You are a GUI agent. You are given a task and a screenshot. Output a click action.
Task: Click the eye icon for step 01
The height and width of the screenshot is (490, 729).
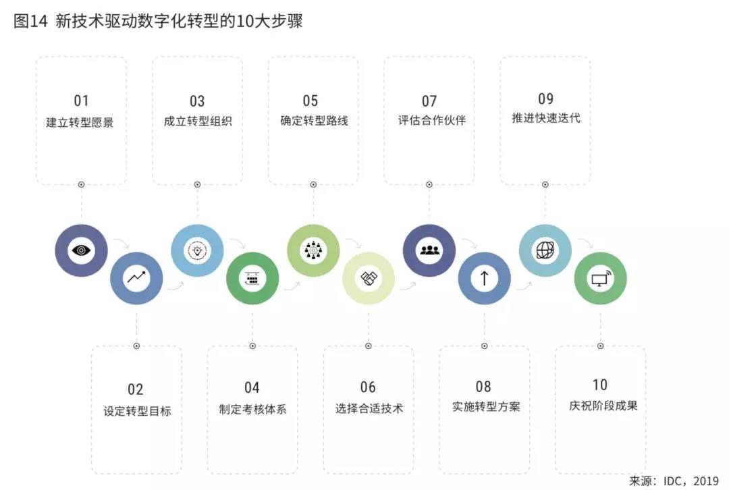pyautogui.click(x=81, y=250)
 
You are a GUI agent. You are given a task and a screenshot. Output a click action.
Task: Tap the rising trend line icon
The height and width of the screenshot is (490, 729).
pyautogui.click(x=136, y=277)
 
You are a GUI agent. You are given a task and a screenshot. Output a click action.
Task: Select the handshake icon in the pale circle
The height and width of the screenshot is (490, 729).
pyautogui.click(x=369, y=278)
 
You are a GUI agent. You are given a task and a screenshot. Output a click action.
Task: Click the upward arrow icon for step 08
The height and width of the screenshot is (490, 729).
pyautogui.click(x=484, y=278)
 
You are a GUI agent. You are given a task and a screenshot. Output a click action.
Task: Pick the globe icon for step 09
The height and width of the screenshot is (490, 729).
pyautogui.click(x=545, y=250)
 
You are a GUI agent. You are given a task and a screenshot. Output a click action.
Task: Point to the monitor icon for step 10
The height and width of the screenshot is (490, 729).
pyautogui.click(x=600, y=278)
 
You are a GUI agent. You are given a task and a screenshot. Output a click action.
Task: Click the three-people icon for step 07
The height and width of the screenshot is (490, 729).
pyautogui.click(x=429, y=250)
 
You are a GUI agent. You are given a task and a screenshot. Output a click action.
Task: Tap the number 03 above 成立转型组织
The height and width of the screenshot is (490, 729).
pyautogui.click(x=197, y=101)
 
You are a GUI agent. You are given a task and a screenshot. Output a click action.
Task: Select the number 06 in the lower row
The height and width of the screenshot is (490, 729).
pyautogui.click(x=368, y=387)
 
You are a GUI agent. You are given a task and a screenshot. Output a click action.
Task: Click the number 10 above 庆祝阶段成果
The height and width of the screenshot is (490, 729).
pyautogui.click(x=600, y=385)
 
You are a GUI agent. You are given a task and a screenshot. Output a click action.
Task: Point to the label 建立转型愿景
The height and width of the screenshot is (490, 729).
pyautogui.click(x=80, y=122)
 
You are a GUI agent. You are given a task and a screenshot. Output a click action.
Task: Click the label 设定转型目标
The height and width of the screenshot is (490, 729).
pyautogui.click(x=137, y=411)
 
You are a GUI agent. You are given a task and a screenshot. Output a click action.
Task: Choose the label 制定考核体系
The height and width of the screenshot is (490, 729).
pyautogui.click(x=253, y=409)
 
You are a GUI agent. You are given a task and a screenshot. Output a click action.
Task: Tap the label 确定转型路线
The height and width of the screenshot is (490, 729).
pyautogui.click(x=315, y=120)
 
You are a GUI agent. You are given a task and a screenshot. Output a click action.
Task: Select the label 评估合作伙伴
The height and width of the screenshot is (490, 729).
pyautogui.click(x=432, y=120)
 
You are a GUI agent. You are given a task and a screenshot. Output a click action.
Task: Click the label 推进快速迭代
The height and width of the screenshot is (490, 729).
pyautogui.click(x=546, y=117)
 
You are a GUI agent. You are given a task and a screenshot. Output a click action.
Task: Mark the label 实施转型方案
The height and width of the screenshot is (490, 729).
pyautogui.click(x=486, y=407)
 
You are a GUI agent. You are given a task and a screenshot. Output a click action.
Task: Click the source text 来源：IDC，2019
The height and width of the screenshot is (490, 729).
pyautogui.click(x=674, y=481)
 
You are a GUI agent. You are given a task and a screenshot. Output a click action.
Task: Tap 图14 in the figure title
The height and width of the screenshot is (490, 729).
pyautogui.click(x=30, y=21)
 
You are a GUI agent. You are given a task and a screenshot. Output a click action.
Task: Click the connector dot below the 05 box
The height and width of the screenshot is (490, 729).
pyautogui.click(x=313, y=184)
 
